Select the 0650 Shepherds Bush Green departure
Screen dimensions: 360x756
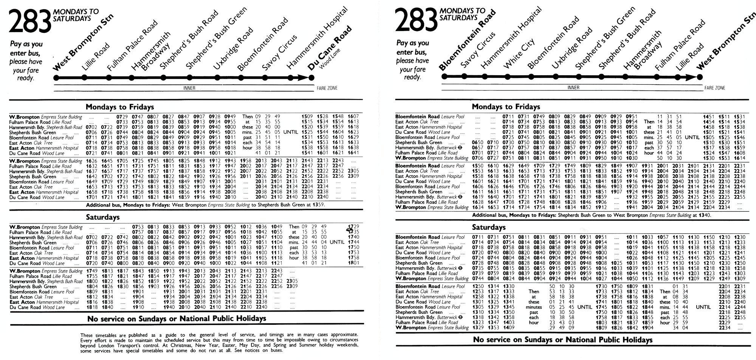pyautogui.click(x=477, y=143)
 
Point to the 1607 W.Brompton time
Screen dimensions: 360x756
pyautogui.click(x=353, y=116)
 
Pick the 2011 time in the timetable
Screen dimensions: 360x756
pyautogui.click(x=245, y=177)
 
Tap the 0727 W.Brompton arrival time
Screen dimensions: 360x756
pyautogui.click(x=493, y=158)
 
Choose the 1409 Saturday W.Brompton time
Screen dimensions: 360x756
pyautogui.click(x=508, y=327)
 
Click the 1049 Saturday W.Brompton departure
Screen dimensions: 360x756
pyautogui.click(x=276, y=227)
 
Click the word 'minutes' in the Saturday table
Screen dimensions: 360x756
pyautogui.click(x=534, y=307)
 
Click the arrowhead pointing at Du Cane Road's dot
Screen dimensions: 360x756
pyautogui.click(x=304, y=78)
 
